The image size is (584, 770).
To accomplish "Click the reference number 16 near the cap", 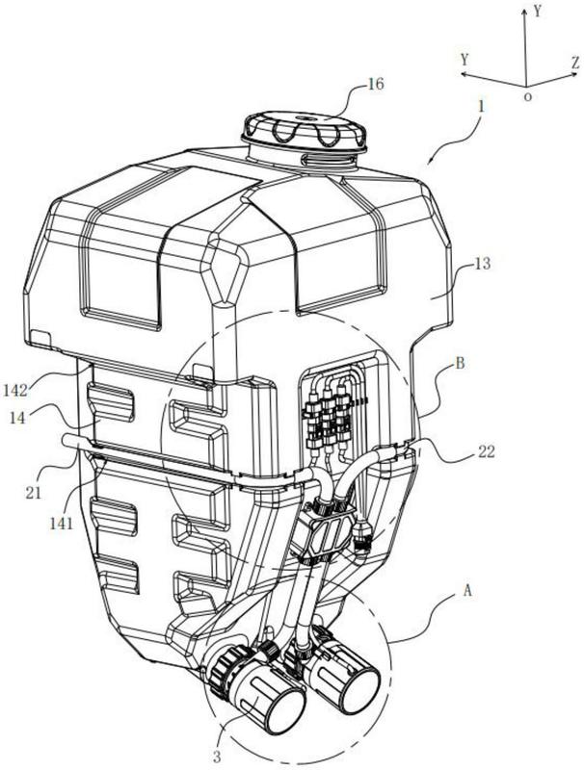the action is [375, 84].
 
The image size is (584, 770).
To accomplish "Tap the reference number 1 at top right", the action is [481, 107].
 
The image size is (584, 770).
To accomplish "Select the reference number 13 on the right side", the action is [483, 264].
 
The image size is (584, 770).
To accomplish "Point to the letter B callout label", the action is [460, 364].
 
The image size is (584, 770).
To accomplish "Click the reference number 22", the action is [485, 451].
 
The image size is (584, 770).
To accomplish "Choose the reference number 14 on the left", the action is [17, 419].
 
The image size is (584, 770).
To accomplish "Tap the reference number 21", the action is [34, 492].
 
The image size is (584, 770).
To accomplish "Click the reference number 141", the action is [61, 524].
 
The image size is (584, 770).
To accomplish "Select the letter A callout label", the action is [467, 590].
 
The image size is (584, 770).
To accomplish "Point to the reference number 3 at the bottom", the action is [216, 757].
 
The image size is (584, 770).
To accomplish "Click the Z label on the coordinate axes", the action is [575, 63].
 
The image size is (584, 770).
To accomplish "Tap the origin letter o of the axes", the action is [527, 97].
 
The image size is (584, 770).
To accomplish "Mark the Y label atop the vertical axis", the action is [538, 12].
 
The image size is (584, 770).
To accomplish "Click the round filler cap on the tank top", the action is [305, 131].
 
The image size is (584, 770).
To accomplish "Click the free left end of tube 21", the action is [66, 441].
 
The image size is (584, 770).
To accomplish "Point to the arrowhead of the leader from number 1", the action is [430, 163].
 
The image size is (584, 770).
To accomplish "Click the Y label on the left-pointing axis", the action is [465, 60].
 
